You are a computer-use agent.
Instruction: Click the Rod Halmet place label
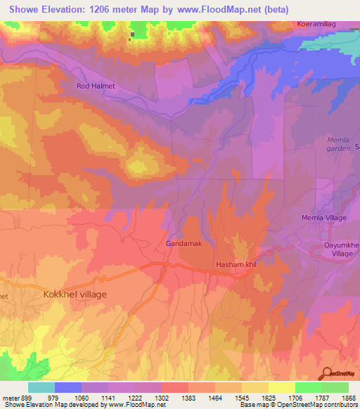(x=95, y=86)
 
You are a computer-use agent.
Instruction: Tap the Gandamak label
(x=185, y=243)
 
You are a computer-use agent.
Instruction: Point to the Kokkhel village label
(x=75, y=294)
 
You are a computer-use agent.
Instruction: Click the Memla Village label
(x=325, y=219)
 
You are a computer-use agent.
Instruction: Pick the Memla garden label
(x=337, y=144)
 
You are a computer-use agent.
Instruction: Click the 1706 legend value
(x=281, y=397)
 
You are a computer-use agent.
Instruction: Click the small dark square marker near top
(x=131, y=34)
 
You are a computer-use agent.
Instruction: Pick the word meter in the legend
(x=11, y=397)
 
